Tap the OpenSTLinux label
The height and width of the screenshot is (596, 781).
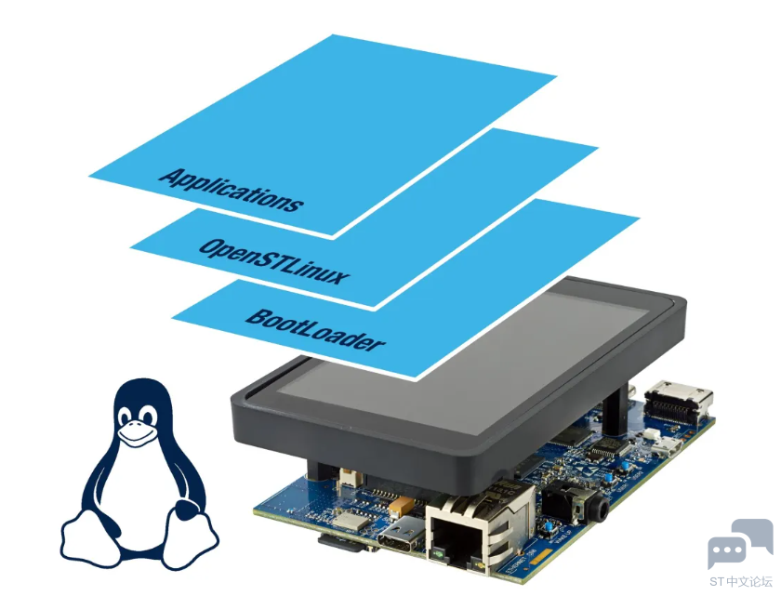tap(274, 261)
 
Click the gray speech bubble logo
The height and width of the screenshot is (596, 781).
tap(739, 543)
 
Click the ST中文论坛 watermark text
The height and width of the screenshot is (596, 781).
tap(740, 582)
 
